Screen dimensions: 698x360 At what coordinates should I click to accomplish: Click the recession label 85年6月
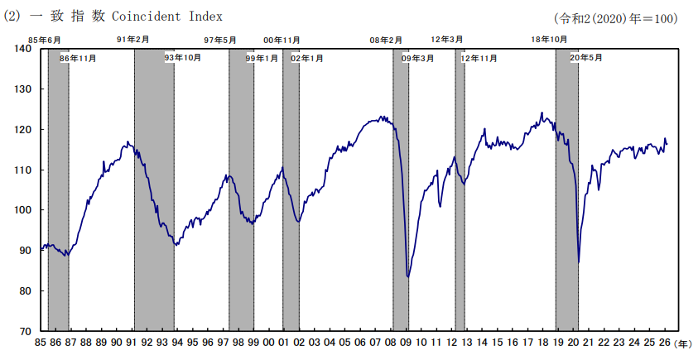coord(45,41)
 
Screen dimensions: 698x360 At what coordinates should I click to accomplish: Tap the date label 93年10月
coord(183,58)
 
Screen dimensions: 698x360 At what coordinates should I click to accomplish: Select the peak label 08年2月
coord(386,41)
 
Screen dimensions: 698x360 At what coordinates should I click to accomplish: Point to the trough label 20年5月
coord(586,58)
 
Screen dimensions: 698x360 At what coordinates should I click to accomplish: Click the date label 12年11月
coord(479,58)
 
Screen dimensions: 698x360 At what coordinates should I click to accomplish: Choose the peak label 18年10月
coord(549,40)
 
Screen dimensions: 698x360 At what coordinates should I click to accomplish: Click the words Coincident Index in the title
coord(167,17)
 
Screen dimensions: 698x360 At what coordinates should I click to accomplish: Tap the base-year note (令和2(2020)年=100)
coord(616,19)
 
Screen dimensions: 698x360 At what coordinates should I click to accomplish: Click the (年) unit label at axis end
coord(683,343)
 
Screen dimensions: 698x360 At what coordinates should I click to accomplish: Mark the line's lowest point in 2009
coord(407,277)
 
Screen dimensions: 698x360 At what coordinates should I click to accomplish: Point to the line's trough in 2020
coord(578,262)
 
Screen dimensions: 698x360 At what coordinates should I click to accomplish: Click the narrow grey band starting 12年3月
coord(460,190)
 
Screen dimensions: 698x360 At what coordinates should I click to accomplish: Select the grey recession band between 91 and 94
coord(154,190)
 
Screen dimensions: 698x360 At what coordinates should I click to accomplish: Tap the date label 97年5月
coord(220,41)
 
